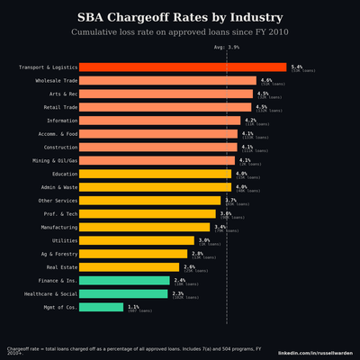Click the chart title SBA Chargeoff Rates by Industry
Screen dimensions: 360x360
[x=180, y=17]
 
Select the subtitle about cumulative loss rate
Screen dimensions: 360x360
[x=180, y=32]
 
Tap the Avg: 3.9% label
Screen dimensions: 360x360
[x=227, y=47]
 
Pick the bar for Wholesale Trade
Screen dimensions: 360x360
[x=167, y=80]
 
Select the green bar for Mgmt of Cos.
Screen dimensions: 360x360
[x=101, y=307]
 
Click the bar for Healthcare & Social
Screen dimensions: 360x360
[x=123, y=293]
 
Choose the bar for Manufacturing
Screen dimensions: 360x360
[x=144, y=227]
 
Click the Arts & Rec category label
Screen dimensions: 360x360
[x=58, y=94]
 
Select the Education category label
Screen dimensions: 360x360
[x=65, y=174]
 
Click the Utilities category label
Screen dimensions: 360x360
[x=65, y=240]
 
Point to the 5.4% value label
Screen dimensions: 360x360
[x=296, y=66]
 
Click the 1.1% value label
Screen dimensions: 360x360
[x=133, y=306]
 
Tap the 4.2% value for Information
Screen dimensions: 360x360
[x=250, y=119]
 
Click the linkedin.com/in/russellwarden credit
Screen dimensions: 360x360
[x=315, y=353]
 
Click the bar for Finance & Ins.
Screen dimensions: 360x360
[x=124, y=280]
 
